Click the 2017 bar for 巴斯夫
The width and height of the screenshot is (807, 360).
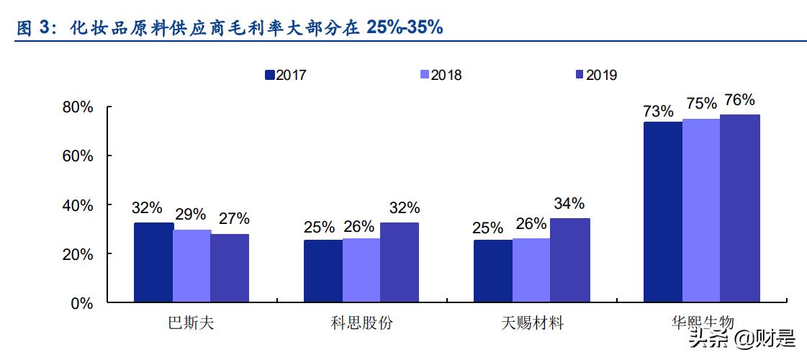point(153,263)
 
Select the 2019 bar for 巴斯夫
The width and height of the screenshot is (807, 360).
point(230,269)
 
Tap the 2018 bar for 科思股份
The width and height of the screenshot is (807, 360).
point(361,270)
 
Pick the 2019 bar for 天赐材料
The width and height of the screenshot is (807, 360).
point(570,261)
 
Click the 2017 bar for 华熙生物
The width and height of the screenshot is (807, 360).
point(662,212)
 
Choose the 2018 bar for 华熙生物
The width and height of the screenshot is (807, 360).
point(701,210)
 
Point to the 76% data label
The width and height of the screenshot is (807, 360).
point(739,100)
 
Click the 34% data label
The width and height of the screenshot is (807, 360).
point(569,203)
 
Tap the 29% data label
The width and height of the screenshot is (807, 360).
point(191,215)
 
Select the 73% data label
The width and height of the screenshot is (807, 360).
point(659,111)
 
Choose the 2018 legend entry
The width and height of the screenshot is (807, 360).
point(440,75)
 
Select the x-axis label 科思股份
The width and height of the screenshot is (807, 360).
point(362,324)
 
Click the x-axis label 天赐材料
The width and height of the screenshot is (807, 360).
point(532,324)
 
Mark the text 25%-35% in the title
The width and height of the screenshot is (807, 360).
point(404,28)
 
